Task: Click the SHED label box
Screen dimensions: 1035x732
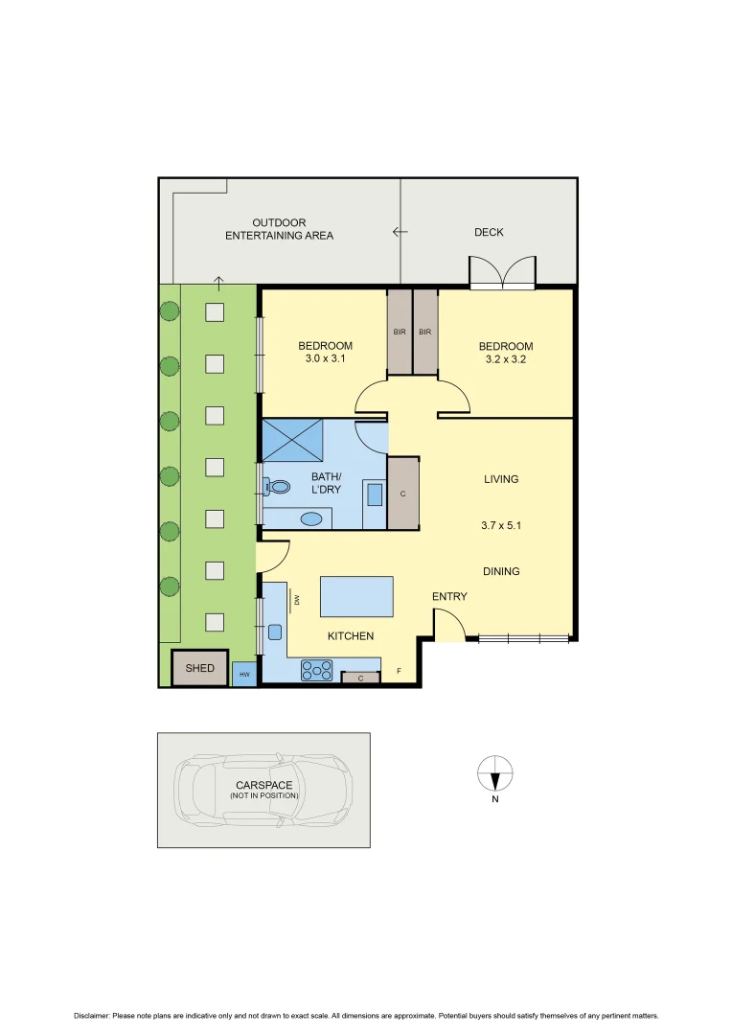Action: pos(200,668)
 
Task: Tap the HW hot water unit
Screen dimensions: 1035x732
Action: pos(243,675)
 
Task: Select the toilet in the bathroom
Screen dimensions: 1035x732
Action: pos(278,487)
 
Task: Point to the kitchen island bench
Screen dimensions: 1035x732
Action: pos(355,596)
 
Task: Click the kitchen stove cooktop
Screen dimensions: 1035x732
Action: pos(316,670)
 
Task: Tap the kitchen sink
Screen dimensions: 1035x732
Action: pos(275,632)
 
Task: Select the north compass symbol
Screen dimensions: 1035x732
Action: pos(495,771)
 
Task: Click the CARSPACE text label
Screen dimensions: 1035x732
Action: pos(263,785)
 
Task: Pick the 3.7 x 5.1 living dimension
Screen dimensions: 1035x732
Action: pos(501,525)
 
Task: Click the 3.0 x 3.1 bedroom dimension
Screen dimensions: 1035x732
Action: pos(325,361)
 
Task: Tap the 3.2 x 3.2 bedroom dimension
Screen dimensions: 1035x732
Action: pos(506,361)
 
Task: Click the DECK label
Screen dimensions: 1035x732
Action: pos(489,232)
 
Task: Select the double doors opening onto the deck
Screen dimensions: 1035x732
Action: pos(502,273)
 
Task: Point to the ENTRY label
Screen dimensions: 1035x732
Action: pos(449,596)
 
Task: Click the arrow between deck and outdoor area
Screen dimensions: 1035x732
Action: pos(400,232)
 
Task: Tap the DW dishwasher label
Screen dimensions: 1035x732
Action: pos(298,600)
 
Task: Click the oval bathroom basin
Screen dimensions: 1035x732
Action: pos(311,518)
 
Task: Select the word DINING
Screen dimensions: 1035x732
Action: pos(501,571)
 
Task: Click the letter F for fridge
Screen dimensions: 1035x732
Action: pos(399,672)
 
